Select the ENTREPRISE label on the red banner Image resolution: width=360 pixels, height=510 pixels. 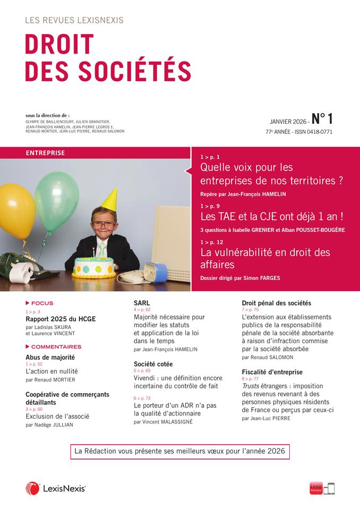45,153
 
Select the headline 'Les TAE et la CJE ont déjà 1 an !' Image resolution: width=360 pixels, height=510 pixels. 271,216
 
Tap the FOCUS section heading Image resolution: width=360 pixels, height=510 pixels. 42,303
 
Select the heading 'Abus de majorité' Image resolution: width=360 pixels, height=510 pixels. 50,358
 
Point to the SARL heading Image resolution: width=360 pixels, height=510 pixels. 141,302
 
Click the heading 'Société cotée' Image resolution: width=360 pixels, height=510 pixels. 153,364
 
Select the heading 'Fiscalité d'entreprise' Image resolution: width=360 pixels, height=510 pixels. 272,372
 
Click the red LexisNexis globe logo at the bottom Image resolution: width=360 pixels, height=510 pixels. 32,489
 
